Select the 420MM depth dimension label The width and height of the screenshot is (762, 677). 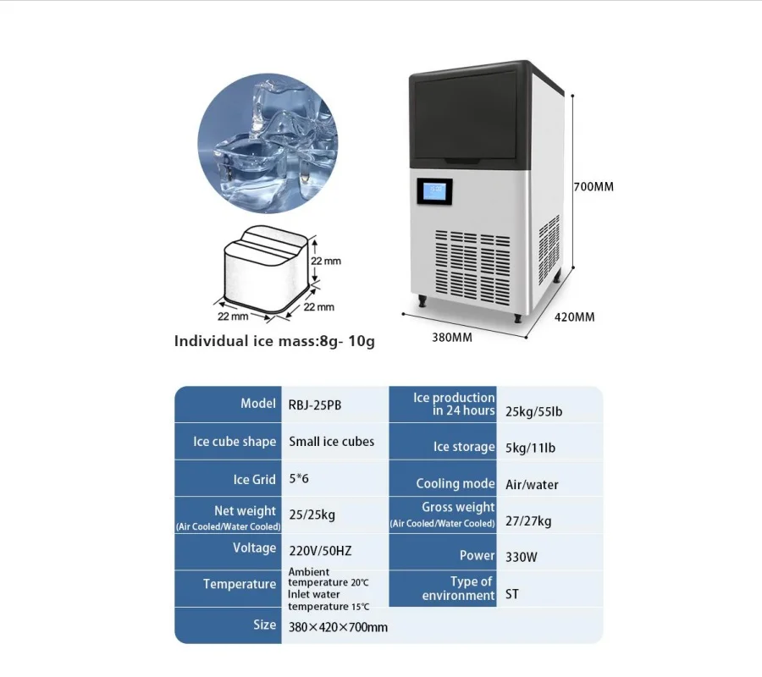click(x=574, y=317)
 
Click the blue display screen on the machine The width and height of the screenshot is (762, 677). click(x=433, y=192)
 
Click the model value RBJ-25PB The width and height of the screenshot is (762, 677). click(x=316, y=405)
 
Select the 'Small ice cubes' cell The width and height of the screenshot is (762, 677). click(x=331, y=441)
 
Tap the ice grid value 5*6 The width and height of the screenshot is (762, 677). click(x=300, y=479)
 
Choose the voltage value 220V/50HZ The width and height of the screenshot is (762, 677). click(x=320, y=551)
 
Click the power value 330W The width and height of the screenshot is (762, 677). click(x=522, y=558)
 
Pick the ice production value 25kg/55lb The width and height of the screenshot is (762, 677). click(x=533, y=412)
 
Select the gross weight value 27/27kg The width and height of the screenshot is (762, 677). click(x=528, y=520)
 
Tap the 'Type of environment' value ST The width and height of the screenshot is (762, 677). click(x=512, y=594)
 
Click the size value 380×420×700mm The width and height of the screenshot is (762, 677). click(x=338, y=627)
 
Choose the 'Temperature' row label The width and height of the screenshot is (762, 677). click(x=240, y=584)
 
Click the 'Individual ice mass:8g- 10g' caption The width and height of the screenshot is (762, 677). click(x=273, y=342)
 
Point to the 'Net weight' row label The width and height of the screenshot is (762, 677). click(x=245, y=510)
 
